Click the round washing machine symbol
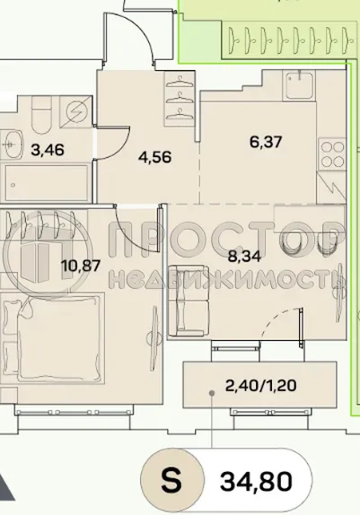(76, 110)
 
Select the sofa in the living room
(187, 301)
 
